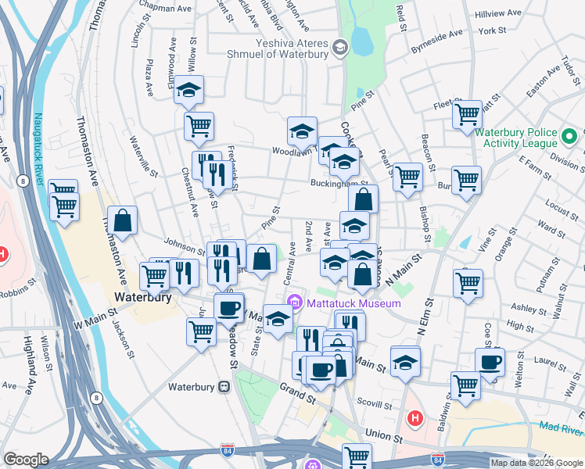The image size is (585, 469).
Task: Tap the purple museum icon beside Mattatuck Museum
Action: [x=295, y=303]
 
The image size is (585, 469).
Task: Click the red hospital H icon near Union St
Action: [x=415, y=418]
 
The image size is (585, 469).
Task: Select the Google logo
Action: [x=26, y=460]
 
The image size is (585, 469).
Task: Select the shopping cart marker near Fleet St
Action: [x=467, y=115]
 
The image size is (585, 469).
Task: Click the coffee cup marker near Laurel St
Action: [x=490, y=362]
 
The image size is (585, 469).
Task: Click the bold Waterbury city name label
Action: [x=138, y=297]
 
